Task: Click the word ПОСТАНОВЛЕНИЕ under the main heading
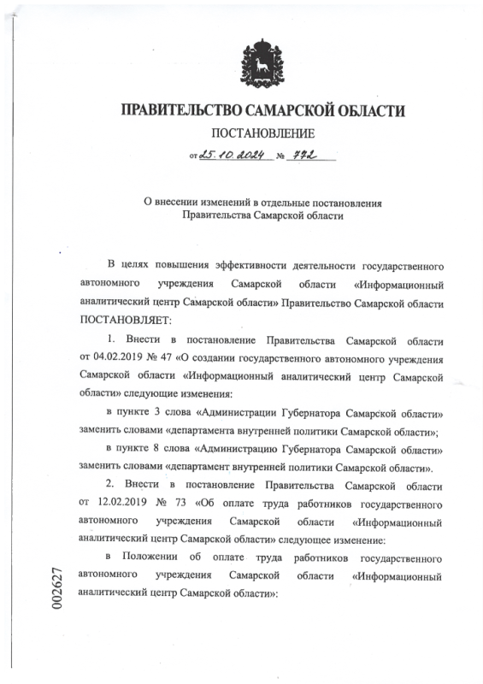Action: [x=262, y=133]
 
